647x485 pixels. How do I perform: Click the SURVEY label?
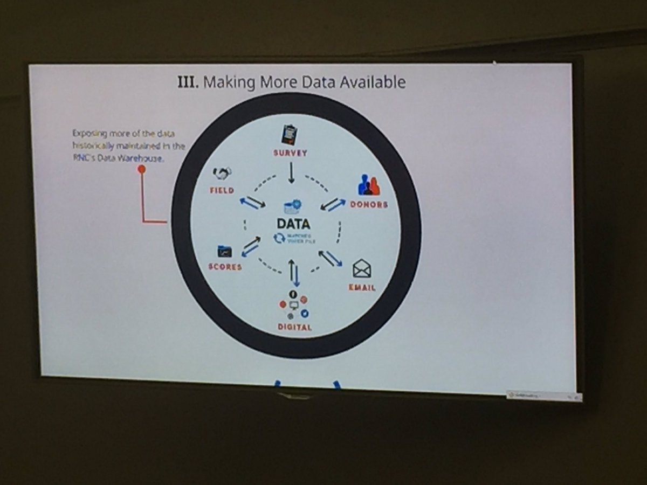point(290,153)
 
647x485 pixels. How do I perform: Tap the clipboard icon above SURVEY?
point(290,135)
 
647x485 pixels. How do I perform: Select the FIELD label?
point(222,190)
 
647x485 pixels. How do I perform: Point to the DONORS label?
point(369,205)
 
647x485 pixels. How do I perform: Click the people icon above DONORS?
point(369,185)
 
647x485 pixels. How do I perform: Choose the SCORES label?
point(225,267)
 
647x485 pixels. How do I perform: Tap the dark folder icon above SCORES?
point(224,251)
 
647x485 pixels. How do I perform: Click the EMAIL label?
point(362,287)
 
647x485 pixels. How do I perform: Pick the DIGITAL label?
point(294,327)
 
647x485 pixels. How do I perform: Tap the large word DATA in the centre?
point(293,223)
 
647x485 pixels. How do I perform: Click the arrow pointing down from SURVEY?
point(291,173)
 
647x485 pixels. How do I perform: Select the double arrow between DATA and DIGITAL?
point(293,273)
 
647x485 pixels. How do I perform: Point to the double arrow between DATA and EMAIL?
point(330,258)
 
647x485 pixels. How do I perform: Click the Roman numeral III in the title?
point(188,83)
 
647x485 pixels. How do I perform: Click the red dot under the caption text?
point(142,169)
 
